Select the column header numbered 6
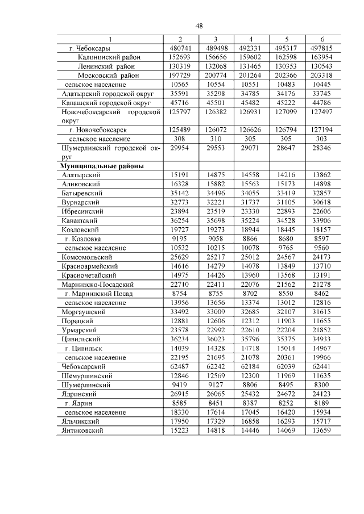point(322,39)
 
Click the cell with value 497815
point(322,48)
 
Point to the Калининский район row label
point(109,57)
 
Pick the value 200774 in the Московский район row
point(216,76)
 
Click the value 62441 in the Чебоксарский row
point(322,367)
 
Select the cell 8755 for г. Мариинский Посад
point(216,294)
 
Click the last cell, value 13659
point(322,431)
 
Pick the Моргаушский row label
point(82,312)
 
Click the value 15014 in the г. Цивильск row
point(287,349)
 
